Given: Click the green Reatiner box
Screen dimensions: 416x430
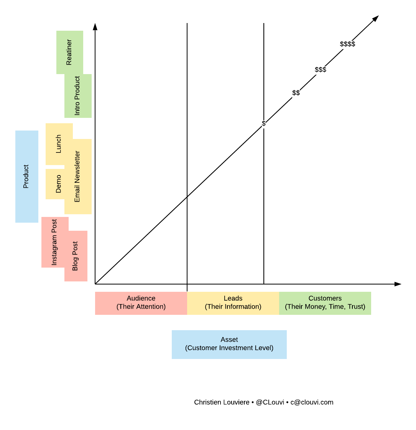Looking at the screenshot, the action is [x=69, y=52].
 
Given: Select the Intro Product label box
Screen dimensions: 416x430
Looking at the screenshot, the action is [x=78, y=96].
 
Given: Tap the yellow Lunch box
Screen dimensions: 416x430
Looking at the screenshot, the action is [x=59, y=144].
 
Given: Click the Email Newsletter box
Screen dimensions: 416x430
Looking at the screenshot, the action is [x=78, y=177].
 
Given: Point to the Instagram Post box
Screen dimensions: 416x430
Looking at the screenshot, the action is [x=54, y=242].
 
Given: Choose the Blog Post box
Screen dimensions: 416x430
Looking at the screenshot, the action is [x=76, y=256].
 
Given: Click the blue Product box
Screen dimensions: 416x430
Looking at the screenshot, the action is [x=27, y=177].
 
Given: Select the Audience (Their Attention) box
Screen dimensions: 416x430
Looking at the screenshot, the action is [x=141, y=303].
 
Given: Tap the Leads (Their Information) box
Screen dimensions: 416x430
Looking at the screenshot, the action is [x=233, y=303].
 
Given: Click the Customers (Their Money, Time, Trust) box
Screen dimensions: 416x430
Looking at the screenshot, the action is [x=325, y=303].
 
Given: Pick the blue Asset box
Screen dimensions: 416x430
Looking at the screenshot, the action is [x=229, y=344].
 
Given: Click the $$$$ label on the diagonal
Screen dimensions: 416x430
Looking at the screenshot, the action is [x=347, y=44].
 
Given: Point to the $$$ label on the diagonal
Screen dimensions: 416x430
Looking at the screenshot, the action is [x=321, y=69].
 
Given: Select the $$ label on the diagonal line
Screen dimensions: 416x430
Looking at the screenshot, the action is [x=296, y=93].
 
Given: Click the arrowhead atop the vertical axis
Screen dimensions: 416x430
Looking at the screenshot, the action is [x=95, y=26].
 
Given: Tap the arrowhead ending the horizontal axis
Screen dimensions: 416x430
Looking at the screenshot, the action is [x=398, y=284].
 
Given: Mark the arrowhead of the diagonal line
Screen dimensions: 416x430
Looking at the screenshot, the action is [x=376, y=18].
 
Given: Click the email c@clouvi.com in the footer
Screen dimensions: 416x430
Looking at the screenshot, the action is [x=312, y=402].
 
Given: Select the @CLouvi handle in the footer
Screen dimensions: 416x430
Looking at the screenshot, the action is [x=270, y=402].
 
